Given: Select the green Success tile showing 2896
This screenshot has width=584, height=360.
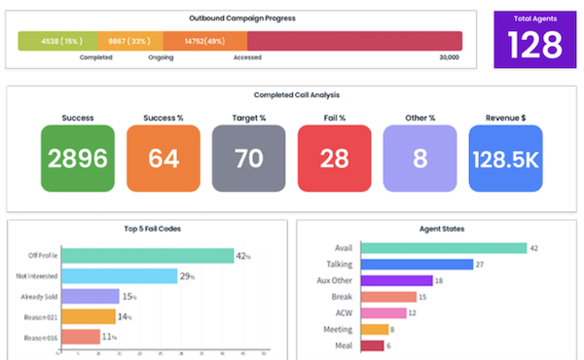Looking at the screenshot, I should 78,158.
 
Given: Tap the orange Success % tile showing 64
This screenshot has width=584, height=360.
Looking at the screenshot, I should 164,158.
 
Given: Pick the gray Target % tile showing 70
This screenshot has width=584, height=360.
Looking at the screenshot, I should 249,158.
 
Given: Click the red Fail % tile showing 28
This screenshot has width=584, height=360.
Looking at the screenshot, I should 335,158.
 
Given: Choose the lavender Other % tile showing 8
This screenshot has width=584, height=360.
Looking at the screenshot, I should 420,158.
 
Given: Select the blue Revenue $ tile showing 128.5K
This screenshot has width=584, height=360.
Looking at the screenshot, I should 505,158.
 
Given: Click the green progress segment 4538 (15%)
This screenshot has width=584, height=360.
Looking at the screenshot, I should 57,40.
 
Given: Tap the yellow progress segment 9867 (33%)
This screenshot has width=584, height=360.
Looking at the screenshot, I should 129,40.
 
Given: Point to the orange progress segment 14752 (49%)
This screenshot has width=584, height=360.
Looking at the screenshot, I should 204,40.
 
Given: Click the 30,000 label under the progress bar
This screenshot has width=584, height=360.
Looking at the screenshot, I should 449,57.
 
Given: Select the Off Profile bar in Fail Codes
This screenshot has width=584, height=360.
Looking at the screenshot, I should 147,256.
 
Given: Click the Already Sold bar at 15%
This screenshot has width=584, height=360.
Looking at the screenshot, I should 90,296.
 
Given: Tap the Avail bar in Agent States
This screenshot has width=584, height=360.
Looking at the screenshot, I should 442,248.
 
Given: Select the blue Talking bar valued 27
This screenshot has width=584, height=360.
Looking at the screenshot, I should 416,264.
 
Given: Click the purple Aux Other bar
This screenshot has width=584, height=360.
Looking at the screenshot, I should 395,280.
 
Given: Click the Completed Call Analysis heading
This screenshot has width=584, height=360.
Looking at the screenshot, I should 291,94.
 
